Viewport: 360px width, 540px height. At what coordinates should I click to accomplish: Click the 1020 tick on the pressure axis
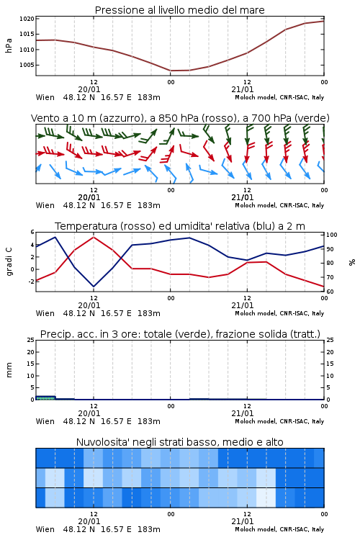coord(27,19)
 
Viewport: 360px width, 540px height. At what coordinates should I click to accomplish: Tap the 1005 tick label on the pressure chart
coord(27,65)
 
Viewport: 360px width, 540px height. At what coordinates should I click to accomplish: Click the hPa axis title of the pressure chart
coord(9,45)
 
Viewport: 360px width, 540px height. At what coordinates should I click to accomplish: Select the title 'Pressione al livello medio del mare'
coord(180,10)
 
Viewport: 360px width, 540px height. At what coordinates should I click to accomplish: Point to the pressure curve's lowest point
coord(171,71)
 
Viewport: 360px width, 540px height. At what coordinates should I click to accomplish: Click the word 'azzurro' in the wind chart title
coord(120,118)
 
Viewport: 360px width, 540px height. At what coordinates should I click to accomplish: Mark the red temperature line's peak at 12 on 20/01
coord(94,238)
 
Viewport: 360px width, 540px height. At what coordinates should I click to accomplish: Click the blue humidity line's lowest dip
coord(94,286)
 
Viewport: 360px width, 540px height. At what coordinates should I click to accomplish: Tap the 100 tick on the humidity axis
coord(332,235)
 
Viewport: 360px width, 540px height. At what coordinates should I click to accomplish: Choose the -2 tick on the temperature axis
coord(31,282)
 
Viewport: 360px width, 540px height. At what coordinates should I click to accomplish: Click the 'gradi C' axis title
coord(9,261)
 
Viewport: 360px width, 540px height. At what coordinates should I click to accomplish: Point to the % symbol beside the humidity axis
coord(352,262)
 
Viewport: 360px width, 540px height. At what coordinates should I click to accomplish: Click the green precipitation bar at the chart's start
coord(46,397)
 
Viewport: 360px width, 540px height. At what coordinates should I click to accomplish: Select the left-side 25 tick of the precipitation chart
coord(31,340)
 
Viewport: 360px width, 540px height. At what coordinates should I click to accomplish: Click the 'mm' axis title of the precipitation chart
coord(9,370)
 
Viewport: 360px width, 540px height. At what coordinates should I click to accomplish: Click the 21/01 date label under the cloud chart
coord(243,521)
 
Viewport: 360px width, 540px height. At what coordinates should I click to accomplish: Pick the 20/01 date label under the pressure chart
coord(89,89)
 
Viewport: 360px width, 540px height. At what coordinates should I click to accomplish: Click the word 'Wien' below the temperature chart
coord(45,313)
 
